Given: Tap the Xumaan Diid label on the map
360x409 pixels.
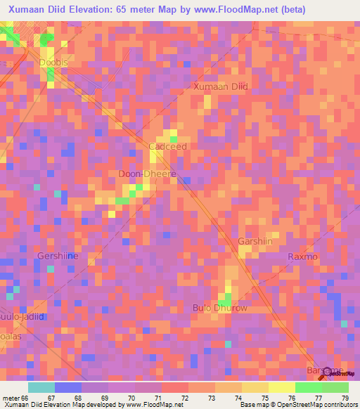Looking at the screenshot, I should click(x=221, y=86).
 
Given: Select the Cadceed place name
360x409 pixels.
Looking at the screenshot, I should click(x=168, y=146).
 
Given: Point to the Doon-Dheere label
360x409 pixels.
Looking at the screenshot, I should click(x=146, y=174).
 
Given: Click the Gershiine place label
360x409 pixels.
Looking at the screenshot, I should click(x=58, y=256).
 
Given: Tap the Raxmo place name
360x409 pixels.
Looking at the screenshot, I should click(x=302, y=257).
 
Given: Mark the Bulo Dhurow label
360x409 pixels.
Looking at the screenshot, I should click(x=220, y=308).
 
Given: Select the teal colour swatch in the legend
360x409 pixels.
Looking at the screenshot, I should click(x=41, y=387).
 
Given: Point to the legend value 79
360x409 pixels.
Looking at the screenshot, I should click(x=345, y=398).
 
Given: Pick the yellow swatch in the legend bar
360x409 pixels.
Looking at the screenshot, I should click(x=281, y=387).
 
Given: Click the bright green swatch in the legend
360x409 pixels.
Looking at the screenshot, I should click(x=308, y=387).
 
